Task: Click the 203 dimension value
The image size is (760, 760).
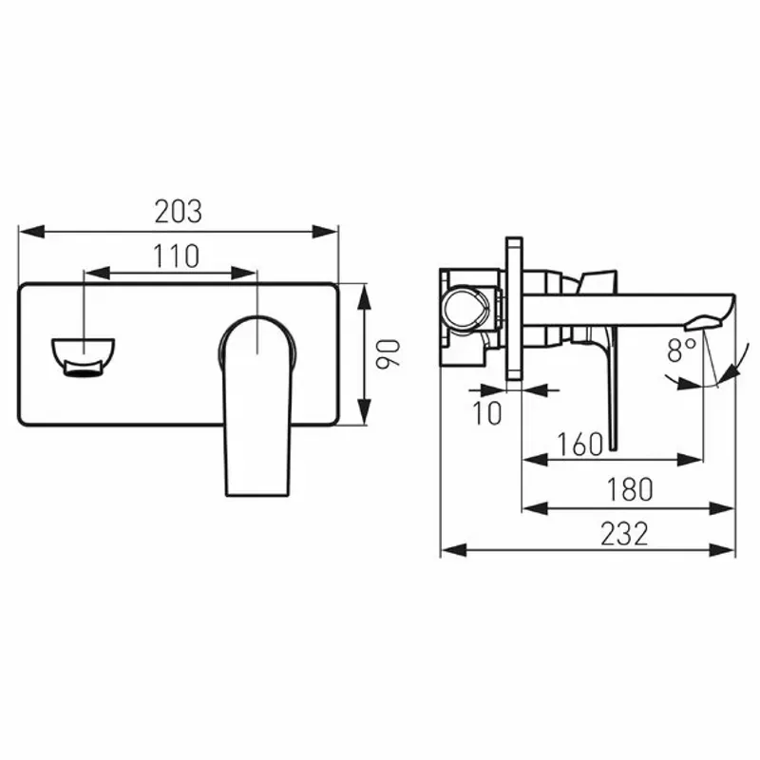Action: coord(179,212)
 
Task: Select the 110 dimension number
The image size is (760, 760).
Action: coord(173,256)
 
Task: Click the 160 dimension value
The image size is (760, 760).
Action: coord(580,444)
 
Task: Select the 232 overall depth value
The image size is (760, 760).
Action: coord(624,534)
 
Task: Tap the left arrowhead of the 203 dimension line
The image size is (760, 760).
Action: coord(27,230)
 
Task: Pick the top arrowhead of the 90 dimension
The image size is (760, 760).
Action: coord(362,290)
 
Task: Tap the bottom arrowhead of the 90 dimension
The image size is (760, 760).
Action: coord(362,418)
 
